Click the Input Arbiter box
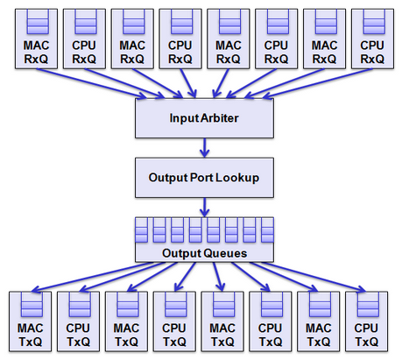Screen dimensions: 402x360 204,118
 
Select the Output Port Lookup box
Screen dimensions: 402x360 204,178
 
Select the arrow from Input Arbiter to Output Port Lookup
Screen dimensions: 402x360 204,148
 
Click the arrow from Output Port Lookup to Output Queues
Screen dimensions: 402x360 204,207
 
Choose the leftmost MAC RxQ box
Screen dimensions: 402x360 36,39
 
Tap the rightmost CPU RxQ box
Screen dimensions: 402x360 372,39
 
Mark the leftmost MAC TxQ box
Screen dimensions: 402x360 30,321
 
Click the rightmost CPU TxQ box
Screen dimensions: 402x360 366,321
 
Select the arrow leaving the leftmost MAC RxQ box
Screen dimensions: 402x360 92,83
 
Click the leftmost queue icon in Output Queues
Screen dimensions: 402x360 142,229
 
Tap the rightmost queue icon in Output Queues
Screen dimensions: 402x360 267,229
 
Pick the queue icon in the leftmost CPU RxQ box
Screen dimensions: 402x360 84,22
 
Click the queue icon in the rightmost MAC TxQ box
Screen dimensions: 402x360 319,305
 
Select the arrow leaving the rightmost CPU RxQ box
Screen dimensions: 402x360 317,83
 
